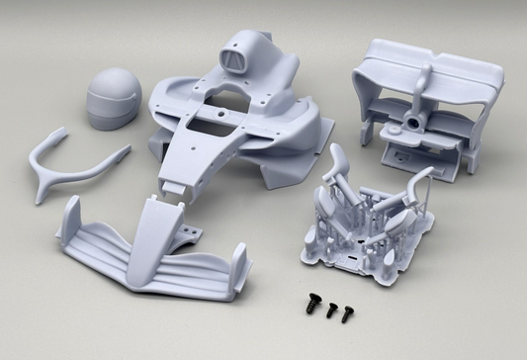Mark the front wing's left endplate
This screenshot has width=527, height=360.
pyautogui.click(x=71, y=222)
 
